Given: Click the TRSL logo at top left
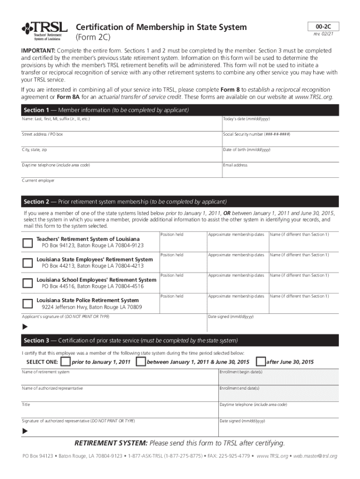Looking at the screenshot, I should click(x=44, y=31).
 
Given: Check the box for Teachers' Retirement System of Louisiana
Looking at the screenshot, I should click(x=28, y=242).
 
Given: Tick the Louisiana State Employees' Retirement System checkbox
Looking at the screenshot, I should click(x=28, y=262).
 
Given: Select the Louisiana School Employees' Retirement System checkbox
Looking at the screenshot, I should click(x=28, y=283).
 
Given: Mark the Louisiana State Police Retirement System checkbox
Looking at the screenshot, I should click(x=28, y=304).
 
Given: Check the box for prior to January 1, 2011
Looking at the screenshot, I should click(x=66, y=362).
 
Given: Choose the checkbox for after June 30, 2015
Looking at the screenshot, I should click(x=261, y=362).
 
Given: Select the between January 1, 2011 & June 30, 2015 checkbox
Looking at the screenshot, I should click(x=140, y=362).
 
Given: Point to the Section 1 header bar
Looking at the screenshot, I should click(x=180, y=110).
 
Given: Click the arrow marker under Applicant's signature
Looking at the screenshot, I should click(x=25, y=327).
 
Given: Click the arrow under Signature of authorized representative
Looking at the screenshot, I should click(x=25, y=431).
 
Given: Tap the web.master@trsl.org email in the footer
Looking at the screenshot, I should click(x=315, y=456).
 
